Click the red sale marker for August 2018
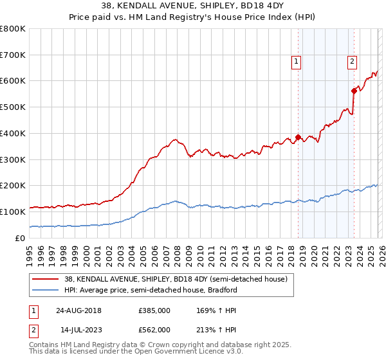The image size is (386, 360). (x=299, y=137)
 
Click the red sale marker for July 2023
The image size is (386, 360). (x=354, y=91)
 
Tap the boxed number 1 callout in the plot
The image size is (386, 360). (x=296, y=62)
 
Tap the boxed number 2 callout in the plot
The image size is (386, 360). (x=353, y=62)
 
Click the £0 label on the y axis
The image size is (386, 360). (x=19, y=238)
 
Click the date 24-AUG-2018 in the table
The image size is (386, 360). (x=78, y=310)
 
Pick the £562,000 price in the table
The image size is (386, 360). (x=154, y=330)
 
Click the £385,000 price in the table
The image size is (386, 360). (x=154, y=310)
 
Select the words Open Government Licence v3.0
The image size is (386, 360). (x=170, y=353)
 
